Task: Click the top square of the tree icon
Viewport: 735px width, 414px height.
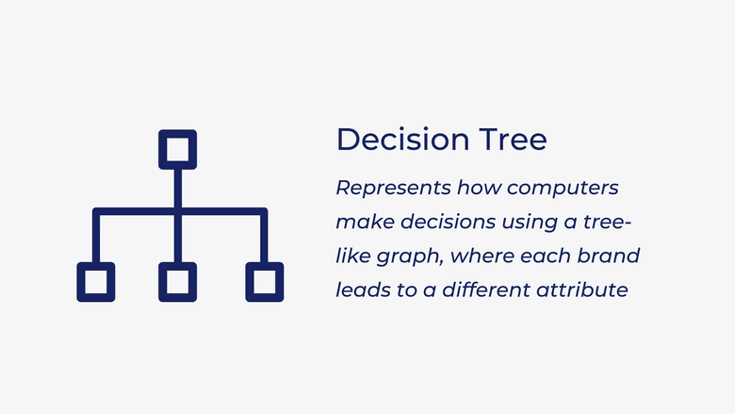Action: coord(178,132)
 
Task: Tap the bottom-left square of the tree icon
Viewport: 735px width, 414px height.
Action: coord(95,264)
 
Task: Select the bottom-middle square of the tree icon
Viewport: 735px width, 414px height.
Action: coord(178,264)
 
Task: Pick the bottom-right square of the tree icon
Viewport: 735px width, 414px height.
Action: coord(265,264)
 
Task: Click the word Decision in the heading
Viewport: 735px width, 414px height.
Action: coord(402,140)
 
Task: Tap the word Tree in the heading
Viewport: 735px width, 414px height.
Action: coord(513,140)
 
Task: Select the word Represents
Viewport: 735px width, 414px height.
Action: coord(393,188)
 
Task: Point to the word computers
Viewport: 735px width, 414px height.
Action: coord(563,189)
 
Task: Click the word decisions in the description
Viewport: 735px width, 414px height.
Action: coord(449,222)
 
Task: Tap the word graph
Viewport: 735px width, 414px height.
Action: coord(409,257)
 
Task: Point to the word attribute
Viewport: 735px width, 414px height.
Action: coord(581,290)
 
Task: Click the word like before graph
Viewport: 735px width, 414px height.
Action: coord(353,256)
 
